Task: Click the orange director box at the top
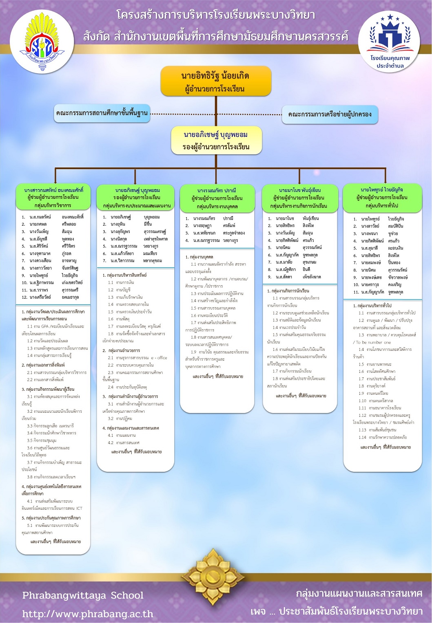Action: point(216,81)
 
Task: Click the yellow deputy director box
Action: point(216,141)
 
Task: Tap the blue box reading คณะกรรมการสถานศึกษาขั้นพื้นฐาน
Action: point(102,113)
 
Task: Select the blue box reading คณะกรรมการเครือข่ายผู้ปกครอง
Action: point(330,114)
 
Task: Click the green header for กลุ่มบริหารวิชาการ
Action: point(53,197)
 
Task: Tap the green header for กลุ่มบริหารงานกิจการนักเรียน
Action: point(300,198)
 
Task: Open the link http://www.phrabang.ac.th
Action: point(88,614)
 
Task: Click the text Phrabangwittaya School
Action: point(83,595)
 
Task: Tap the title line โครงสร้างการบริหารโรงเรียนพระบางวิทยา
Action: point(216,15)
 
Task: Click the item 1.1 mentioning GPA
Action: point(53,330)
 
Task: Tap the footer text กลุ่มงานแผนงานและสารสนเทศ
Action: point(359,593)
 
